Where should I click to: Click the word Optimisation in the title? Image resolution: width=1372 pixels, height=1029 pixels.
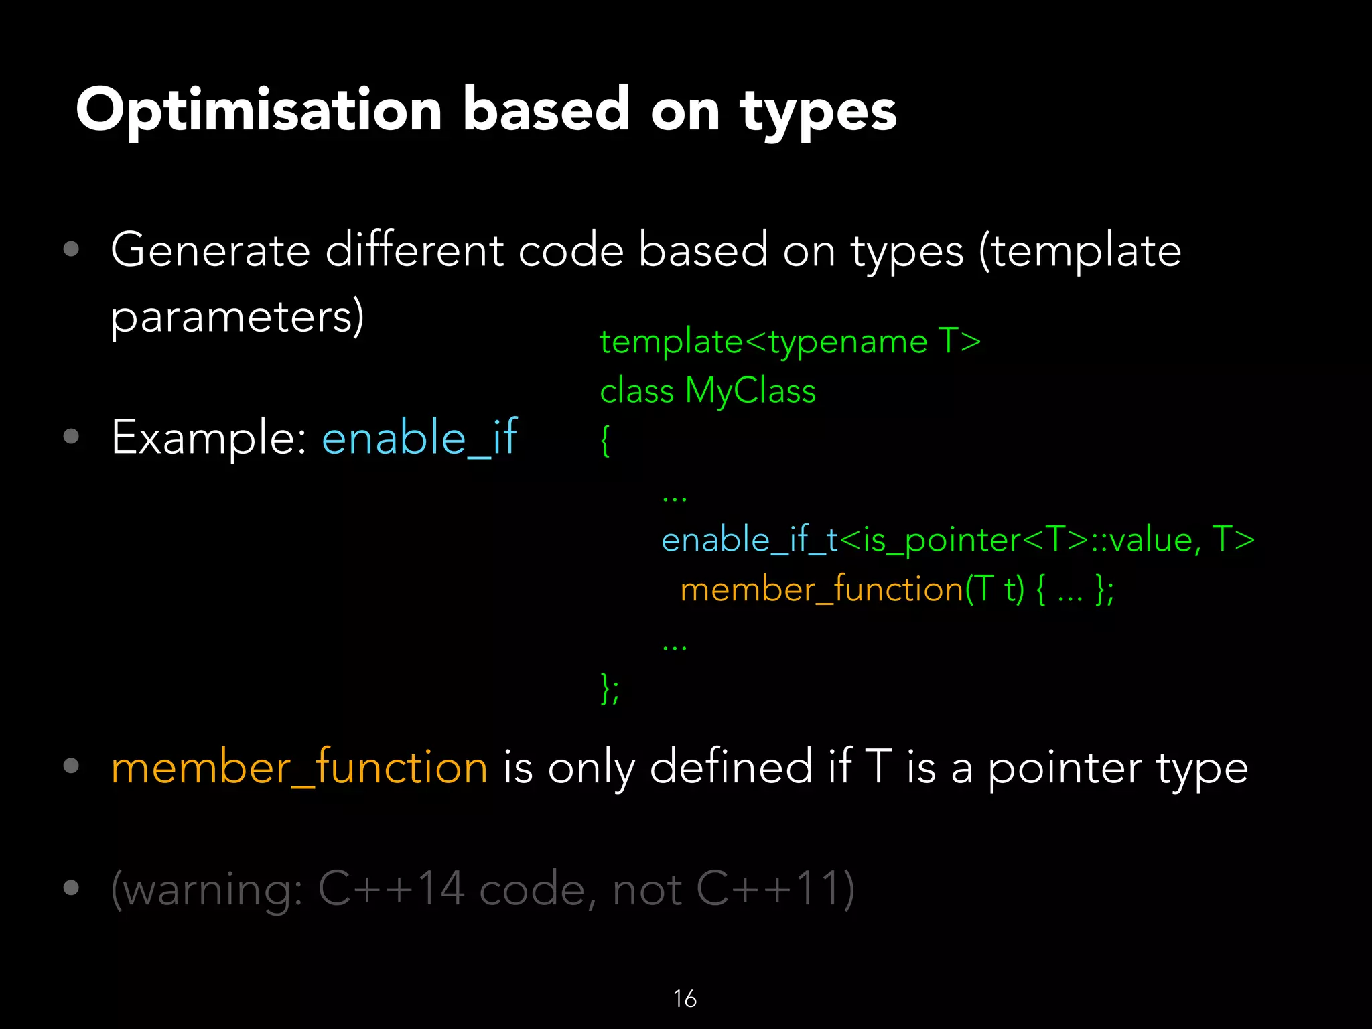(x=258, y=111)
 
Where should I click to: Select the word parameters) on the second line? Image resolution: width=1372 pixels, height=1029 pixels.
(x=237, y=317)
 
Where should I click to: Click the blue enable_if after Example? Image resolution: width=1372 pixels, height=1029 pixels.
(x=419, y=437)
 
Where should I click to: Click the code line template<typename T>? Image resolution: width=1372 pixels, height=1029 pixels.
(x=790, y=342)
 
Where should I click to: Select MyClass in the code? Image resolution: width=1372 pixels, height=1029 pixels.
(x=750, y=391)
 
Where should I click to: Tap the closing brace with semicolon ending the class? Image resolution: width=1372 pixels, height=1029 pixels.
(x=610, y=689)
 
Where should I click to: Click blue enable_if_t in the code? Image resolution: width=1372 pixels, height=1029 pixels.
(x=749, y=540)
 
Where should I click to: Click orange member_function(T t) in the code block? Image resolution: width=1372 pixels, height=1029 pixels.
(x=851, y=590)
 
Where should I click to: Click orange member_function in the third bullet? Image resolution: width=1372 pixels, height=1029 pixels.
(x=299, y=768)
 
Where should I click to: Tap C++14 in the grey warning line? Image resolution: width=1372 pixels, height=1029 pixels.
(x=391, y=889)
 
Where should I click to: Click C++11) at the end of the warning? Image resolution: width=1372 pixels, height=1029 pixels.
(x=775, y=889)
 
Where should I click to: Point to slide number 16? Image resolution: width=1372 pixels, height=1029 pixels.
(x=685, y=999)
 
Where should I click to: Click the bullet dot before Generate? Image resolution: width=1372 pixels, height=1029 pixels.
(x=71, y=250)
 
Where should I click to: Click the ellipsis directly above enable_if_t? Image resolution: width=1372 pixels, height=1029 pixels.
(x=674, y=498)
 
